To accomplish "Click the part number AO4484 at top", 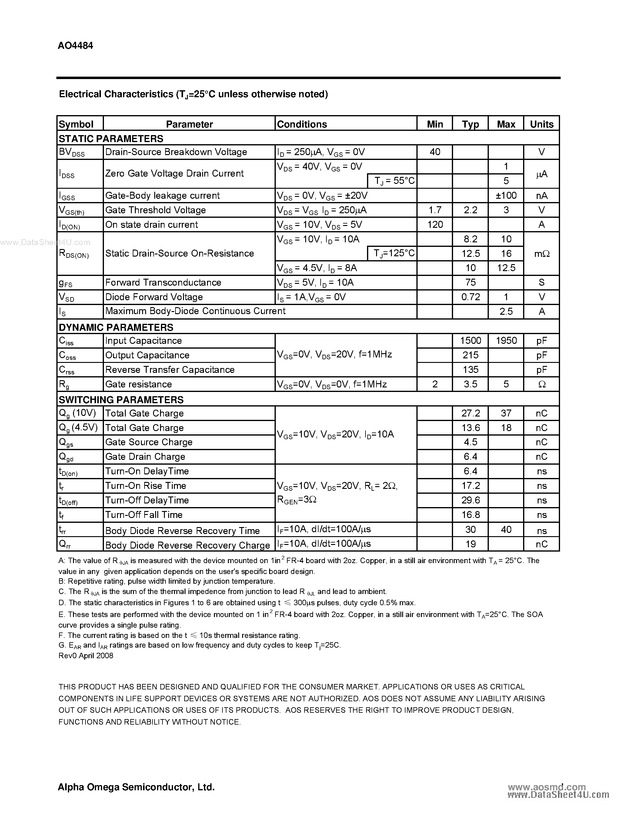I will (x=75, y=46).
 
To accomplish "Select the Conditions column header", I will (x=302, y=124).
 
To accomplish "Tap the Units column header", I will (x=541, y=124).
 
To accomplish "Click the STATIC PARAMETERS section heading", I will (x=111, y=138).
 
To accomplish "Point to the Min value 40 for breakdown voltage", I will (x=435, y=152).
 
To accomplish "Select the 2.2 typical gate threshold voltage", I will (x=470, y=210).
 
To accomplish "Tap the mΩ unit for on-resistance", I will (x=541, y=254).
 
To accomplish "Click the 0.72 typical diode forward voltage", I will (x=470, y=297).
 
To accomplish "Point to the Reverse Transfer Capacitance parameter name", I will (x=169, y=370).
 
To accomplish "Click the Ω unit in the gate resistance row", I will (x=541, y=384).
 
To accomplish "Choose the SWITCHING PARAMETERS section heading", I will (x=121, y=400).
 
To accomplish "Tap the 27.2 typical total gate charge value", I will (x=470, y=413).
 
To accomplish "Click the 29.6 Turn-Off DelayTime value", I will (x=470, y=500).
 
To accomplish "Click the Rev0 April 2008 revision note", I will (x=86, y=655).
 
